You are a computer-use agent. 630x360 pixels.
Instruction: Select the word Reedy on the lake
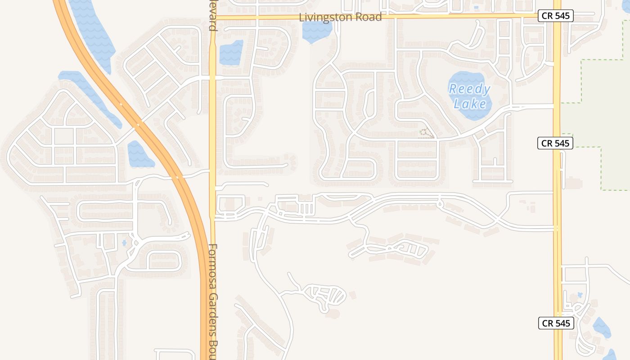469,89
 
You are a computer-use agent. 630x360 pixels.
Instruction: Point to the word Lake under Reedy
470,104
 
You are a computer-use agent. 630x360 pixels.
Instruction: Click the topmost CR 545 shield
555,16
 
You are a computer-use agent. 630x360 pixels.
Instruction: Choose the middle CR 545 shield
555,143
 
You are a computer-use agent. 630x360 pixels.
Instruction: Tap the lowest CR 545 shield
556,323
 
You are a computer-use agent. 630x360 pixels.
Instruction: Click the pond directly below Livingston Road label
317,31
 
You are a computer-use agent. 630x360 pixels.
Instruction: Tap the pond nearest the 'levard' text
231,53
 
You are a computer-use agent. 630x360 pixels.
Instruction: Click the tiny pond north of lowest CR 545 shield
580,295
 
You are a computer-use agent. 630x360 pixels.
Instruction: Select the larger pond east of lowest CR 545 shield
601,328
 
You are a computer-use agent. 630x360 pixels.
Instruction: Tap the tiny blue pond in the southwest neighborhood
124,243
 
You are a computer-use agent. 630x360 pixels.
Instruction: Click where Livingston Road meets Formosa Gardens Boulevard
212,17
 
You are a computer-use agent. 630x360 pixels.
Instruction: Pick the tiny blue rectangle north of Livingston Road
476,8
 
